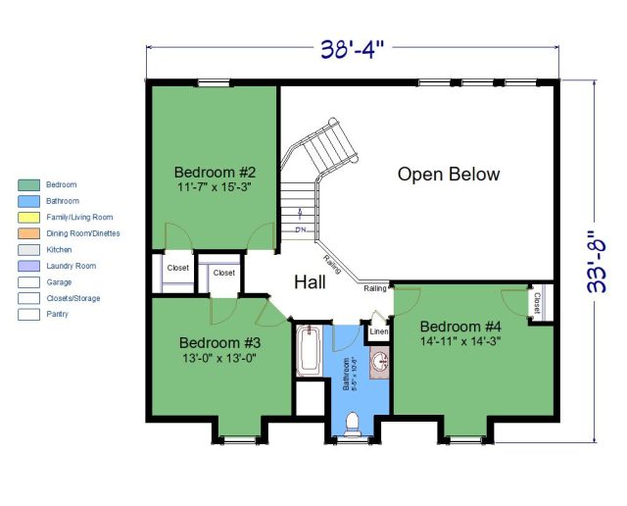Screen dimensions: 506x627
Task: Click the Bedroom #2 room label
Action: (215, 167)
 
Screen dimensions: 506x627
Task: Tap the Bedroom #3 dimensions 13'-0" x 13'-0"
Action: (219, 359)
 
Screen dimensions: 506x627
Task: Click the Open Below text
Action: (448, 175)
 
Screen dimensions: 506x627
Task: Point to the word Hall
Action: (310, 282)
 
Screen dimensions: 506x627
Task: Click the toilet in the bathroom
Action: (354, 421)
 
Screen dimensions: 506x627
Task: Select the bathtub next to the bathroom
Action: (308, 351)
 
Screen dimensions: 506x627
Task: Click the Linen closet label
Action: (378, 332)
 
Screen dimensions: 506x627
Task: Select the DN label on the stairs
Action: (300, 230)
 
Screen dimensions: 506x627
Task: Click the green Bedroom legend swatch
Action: (29, 184)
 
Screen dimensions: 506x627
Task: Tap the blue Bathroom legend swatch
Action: (29, 201)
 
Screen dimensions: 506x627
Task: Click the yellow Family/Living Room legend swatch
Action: (29, 217)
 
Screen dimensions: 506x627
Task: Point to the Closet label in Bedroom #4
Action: (537, 304)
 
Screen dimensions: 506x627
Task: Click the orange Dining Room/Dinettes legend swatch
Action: (29, 233)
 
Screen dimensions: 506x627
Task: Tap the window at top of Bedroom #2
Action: (214, 82)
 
